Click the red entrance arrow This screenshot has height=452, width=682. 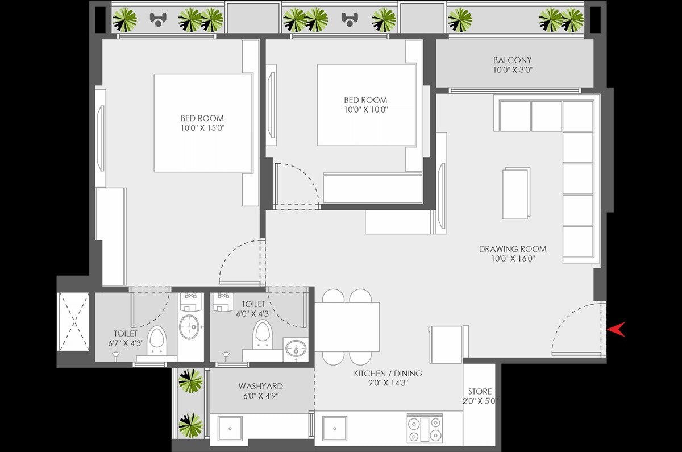coord(617,329)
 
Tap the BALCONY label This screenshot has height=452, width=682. coord(512,60)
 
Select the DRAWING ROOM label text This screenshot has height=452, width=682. coord(512,249)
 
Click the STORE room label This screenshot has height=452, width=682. coord(480,392)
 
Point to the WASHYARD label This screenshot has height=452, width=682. coord(260,387)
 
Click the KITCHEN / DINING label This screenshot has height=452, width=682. coord(388,374)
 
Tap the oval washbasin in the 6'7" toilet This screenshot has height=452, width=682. coord(189,327)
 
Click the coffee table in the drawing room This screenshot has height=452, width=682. coord(516,193)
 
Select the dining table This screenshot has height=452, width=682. coord(347,327)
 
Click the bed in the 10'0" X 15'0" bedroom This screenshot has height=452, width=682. coord(203,123)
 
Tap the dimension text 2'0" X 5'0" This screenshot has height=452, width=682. coord(480,401)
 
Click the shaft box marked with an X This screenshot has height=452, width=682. coord(74,322)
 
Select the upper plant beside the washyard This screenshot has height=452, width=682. coord(190,381)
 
